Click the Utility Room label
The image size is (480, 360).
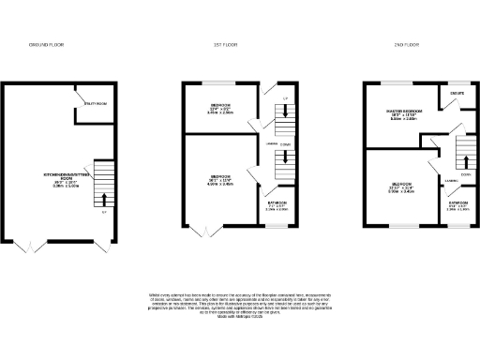97,104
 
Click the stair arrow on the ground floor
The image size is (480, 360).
104,197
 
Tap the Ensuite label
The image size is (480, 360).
457,94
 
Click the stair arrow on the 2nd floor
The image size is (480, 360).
461,157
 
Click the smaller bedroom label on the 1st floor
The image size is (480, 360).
221,107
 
